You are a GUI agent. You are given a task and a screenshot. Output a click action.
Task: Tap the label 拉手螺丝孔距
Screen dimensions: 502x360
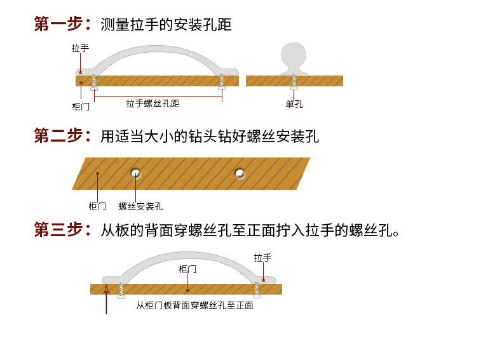point(153,103)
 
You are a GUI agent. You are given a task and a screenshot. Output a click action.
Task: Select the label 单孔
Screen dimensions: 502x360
point(294,103)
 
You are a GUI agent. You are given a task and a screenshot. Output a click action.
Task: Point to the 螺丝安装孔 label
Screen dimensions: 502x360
point(141,206)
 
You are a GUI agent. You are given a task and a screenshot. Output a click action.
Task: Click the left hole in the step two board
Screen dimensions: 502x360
point(135,173)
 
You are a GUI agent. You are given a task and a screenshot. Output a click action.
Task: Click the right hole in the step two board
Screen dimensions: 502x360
point(240,173)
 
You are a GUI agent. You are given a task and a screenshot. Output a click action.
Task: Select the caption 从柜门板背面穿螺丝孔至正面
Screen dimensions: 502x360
point(194,305)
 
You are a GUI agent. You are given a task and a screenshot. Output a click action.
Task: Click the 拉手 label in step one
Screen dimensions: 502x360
point(80,48)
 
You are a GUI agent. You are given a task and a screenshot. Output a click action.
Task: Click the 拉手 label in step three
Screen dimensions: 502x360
point(262,258)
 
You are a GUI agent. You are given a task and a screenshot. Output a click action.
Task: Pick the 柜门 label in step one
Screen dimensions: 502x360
point(81,106)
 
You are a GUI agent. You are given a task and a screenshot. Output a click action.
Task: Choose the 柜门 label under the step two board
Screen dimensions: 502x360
point(97,206)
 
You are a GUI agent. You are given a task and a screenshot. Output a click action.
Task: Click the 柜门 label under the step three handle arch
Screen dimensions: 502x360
point(187,269)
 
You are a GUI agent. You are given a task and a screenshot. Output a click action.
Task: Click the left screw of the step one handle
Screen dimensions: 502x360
point(94,81)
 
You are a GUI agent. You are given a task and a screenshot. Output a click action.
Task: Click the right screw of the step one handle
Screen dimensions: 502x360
point(222,81)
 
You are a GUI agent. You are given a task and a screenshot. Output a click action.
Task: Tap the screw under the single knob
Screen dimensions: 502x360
point(294,81)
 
